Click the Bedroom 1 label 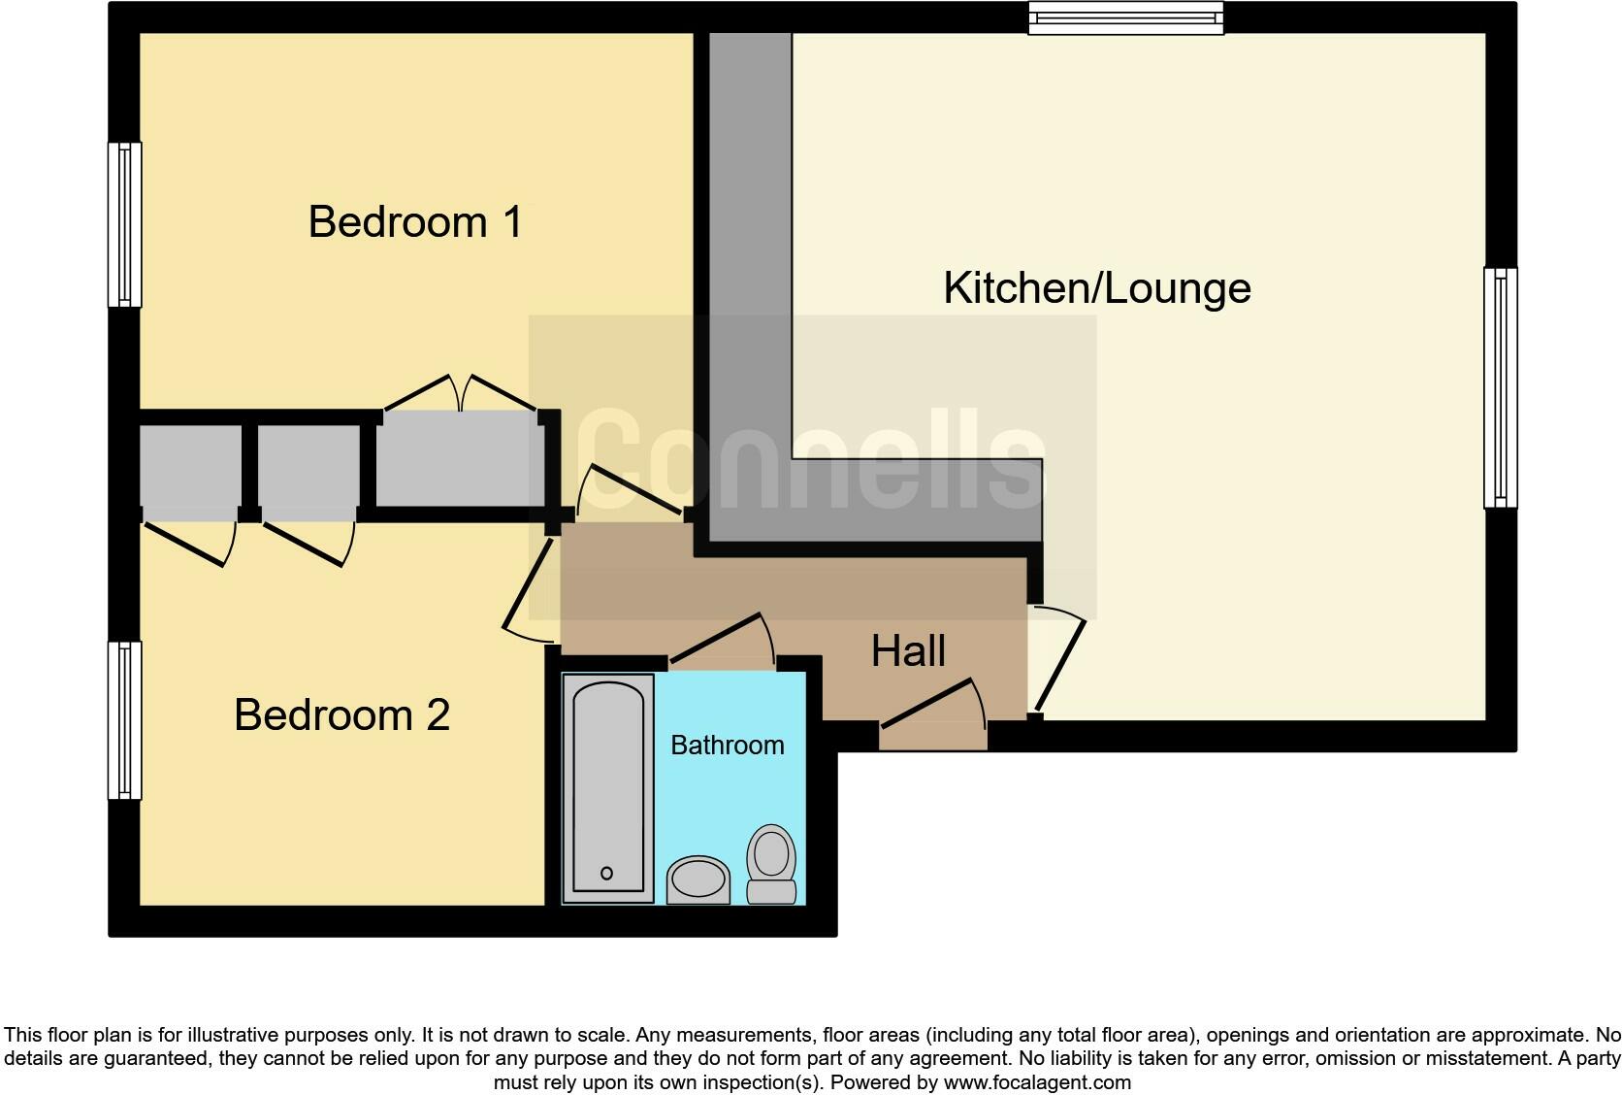[415, 222]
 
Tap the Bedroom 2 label [341, 715]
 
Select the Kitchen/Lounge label [1097, 288]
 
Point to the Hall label [908, 651]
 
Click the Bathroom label [728, 746]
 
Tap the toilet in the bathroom [771, 862]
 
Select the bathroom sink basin [697, 879]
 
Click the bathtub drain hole [607, 873]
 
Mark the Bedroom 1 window [124, 224]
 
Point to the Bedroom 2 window [124, 719]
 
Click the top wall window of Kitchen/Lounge [1125, 17]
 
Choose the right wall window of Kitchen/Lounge [1500, 387]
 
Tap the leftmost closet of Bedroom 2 [190, 466]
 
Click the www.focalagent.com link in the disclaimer [1037, 1082]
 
